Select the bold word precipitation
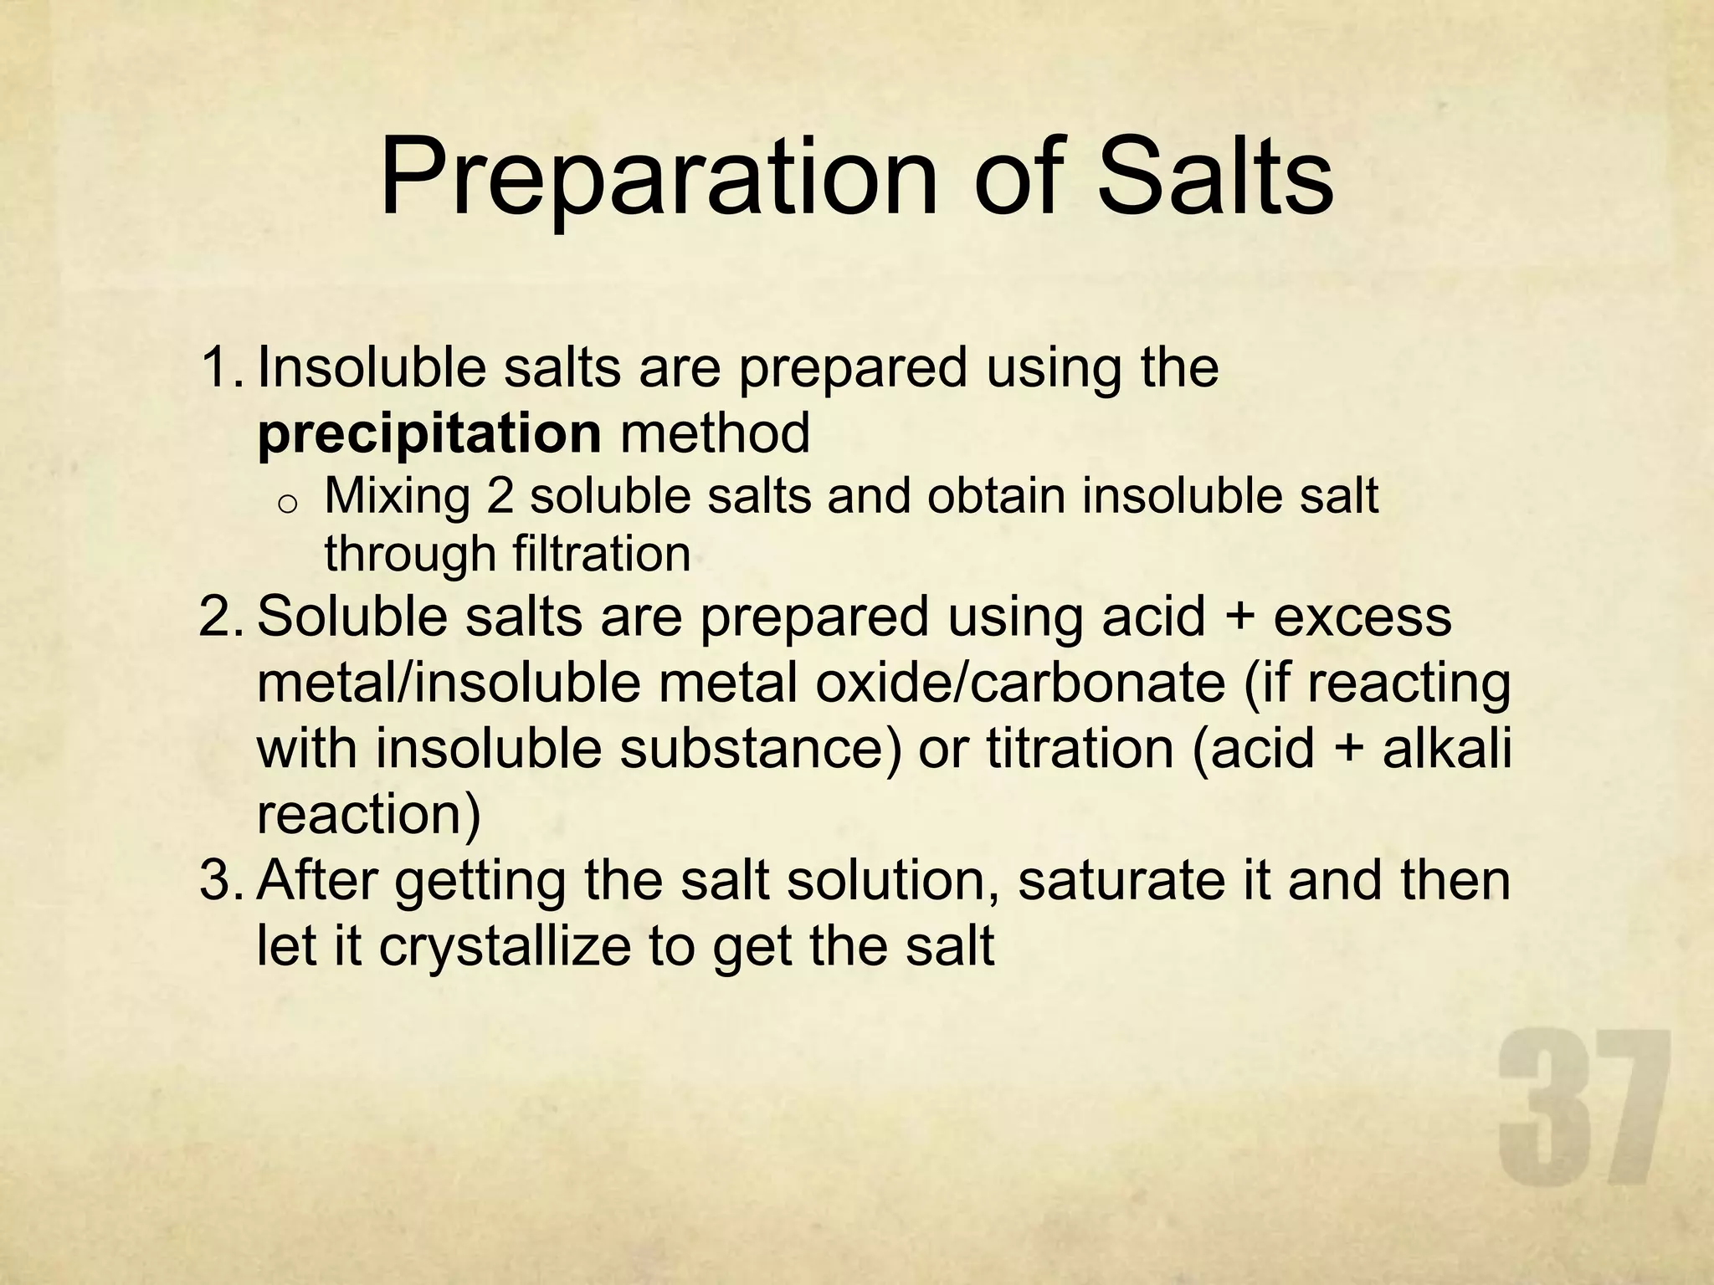[429, 434]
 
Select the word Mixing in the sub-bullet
[397, 496]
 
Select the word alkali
[1447, 748]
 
